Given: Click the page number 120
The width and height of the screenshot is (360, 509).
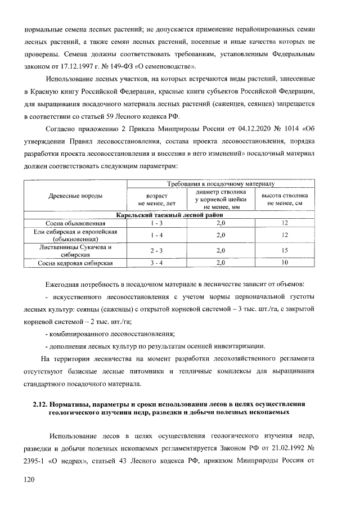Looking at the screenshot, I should [28, 479].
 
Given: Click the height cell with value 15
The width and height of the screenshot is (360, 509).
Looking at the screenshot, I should [285, 250].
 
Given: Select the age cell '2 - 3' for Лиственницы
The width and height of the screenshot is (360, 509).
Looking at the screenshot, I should [156, 250].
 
